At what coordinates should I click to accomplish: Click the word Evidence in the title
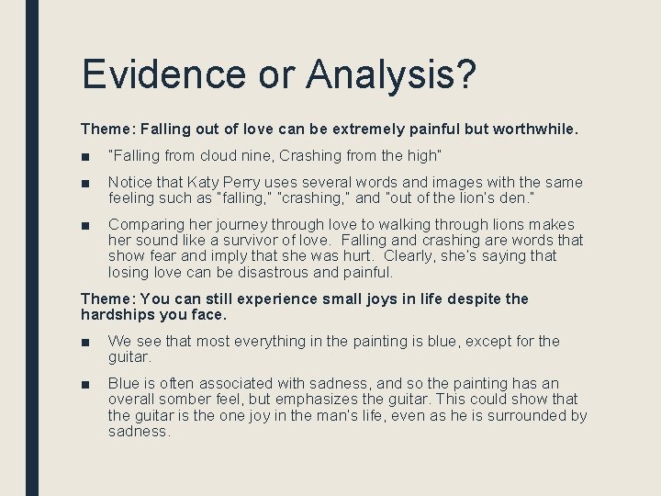163,74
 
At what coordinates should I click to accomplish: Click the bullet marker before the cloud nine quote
85,155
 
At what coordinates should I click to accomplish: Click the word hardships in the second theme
118,314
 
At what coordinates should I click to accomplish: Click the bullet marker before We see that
85,342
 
